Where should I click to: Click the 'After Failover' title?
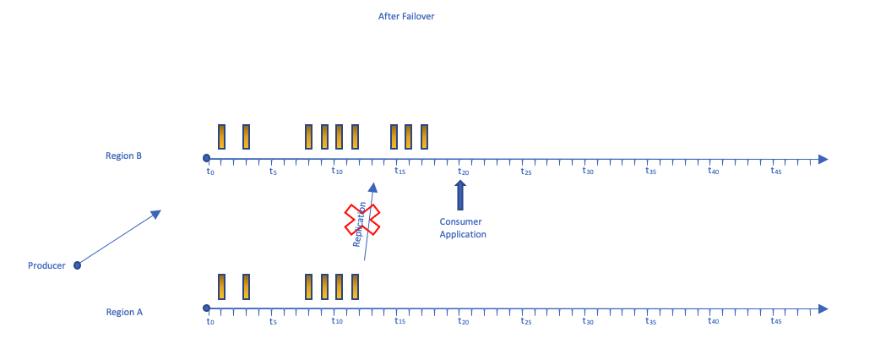coord(406,16)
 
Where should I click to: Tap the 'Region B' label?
coord(123,155)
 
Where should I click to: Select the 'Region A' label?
coord(124,312)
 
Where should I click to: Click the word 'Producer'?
coord(46,265)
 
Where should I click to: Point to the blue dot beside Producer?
coord(77,265)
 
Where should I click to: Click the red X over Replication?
coord(361,220)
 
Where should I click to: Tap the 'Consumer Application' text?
coord(463,228)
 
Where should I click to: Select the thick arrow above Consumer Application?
coord(460,195)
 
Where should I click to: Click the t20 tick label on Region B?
coord(462,172)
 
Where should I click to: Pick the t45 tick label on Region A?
coord(776,321)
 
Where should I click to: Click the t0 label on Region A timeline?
coord(210,321)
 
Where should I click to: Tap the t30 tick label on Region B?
coord(588,172)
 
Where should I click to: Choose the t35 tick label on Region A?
coord(650,321)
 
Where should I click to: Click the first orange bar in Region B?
coord(222,137)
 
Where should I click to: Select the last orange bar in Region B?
coord(424,137)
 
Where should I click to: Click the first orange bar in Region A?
coord(222,286)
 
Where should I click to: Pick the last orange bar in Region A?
coord(356,286)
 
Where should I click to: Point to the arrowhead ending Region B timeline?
coord(823,159)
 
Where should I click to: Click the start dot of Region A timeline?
coord(206,308)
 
